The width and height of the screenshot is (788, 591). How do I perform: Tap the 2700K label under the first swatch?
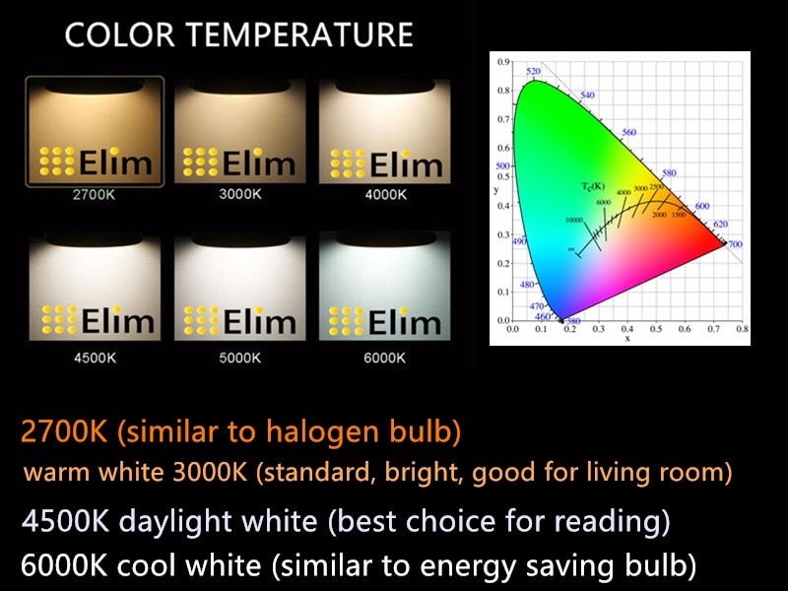(94, 194)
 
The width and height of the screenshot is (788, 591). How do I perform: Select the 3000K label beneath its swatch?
(240, 194)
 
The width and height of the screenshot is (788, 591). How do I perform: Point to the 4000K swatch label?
(385, 194)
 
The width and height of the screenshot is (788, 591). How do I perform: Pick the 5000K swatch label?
(240, 358)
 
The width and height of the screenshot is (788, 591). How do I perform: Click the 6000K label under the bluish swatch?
(385, 358)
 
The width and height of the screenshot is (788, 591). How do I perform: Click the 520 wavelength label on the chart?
(534, 72)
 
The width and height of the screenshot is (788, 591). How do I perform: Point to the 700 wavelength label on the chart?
(735, 243)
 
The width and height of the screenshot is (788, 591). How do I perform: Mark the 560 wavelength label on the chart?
(629, 132)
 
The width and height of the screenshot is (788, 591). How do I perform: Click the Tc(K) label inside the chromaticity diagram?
(591, 185)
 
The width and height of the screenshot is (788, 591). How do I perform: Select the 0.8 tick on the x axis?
(742, 329)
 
